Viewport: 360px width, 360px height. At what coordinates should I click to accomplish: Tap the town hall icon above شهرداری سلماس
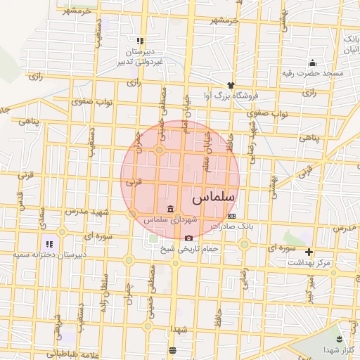click(x=171, y=210)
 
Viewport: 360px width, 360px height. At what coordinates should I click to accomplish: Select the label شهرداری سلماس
click(x=171, y=220)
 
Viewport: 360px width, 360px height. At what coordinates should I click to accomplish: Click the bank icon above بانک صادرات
click(x=231, y=216)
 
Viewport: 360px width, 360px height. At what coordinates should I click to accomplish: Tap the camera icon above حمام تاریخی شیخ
click(x=188, y=238)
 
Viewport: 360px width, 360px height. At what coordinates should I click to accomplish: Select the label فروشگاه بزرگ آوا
click(x=231, y=95)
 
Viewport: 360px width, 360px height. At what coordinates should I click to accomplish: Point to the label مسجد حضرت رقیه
click(x=317, y=73)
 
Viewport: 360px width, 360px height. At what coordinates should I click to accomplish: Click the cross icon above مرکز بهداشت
click(x=309, y=252)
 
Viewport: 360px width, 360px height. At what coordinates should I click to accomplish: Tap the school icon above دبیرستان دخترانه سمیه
click(x=49, y=244)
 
